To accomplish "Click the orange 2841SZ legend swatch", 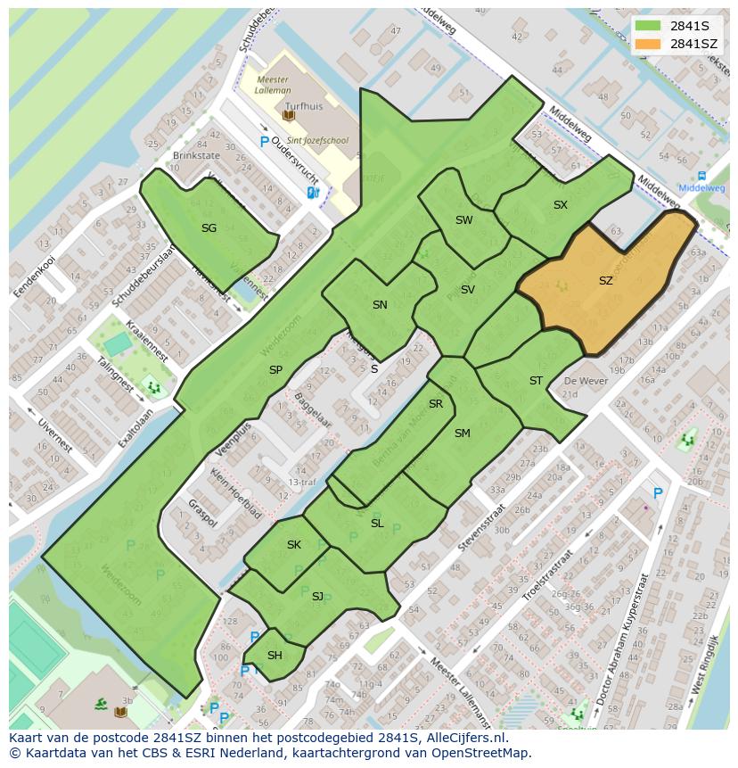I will pyautogui.click(x=648, y=44).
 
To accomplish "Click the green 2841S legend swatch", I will pyautogui.click(x=648, y=25).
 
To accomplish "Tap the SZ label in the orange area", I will pyautogui.click(x=605, y=281).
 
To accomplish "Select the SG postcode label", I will pyautogui.click(x=209, y=228).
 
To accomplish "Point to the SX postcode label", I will pyautogui.click(x=560, y=205).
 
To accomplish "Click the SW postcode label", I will pyautogui.click(x=463, y=220).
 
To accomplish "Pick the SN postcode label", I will pyautogui.click(x=380, y=305).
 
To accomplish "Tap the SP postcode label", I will pyautogui.click(x=275, y=369).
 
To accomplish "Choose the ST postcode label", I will pyautogui.click(x=536, y=381).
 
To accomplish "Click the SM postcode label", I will pyautogui.click(x=462, y=434).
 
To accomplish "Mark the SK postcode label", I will pyautogui.click(x=294, y=545).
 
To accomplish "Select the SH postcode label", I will pyautogui.click(x=275, y=656).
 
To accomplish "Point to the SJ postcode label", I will pyautogui.click(x=317, y=596).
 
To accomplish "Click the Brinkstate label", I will pyautogui.click(x=196, y=155).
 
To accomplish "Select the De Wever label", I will pyautogui.click(x=585, y=381).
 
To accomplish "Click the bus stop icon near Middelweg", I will pyautogui.click(x=701, y=176).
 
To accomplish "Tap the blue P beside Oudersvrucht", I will pyautogui.click(x=264, y=142).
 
